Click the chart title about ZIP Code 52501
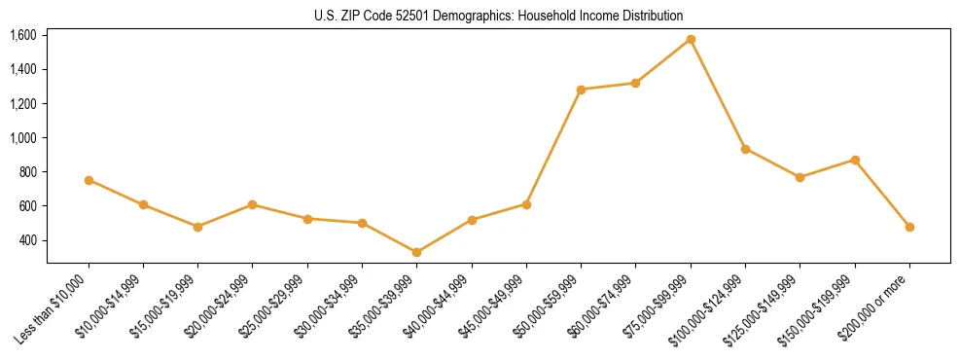499,16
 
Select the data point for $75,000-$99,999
691,39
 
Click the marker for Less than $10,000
89,180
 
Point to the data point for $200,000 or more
909,227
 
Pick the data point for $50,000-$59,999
581,90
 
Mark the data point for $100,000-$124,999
745,149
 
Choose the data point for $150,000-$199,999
855,160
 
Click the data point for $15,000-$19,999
198,227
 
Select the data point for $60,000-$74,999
636,83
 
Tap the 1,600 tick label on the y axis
22,35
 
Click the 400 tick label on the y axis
26,240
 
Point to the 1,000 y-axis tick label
22,138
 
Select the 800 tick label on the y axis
26,172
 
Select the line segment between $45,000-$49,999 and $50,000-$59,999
553,147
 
